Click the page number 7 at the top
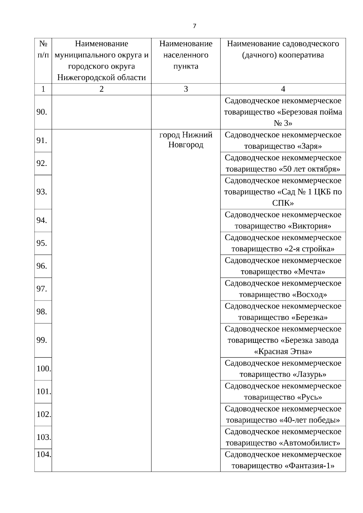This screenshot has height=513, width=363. [x=194, y=26]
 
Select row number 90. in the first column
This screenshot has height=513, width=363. [x=42, y=112]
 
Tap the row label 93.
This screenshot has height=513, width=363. [x=42, y=192]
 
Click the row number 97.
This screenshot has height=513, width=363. [x=42, y=289]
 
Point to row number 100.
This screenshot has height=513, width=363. [x=44, y=369]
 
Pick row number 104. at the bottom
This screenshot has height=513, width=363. [x=44, y=454]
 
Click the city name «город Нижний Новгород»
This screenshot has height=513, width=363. [x=186, y=140]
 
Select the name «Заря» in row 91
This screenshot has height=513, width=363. [x=307, y=147]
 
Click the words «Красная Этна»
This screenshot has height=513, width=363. [x=283, y=352]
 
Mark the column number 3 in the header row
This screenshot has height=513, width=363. [x=186, y=89]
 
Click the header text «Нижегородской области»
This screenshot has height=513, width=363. [x=102, y=78]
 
